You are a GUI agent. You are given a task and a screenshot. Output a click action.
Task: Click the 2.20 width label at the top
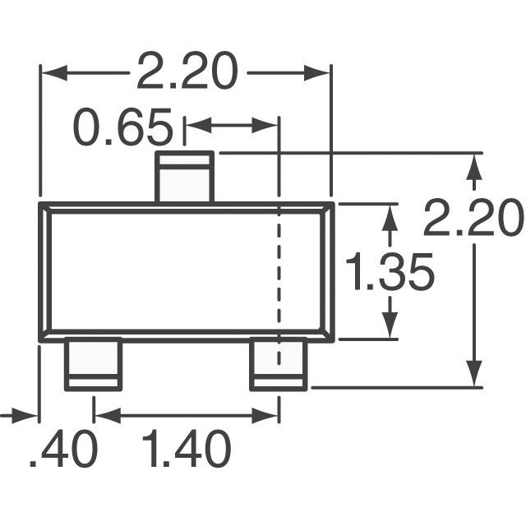pos(186,72)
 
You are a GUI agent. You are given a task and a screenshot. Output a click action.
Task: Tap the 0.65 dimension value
pos(123,128)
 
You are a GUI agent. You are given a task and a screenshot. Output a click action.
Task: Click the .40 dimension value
pos(63,450)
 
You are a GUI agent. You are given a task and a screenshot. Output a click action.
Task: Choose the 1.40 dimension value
pos(186,450)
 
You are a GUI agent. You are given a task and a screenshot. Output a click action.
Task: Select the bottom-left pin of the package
pos(93,364)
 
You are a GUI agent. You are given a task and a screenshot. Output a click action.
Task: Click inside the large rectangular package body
pos(164,271)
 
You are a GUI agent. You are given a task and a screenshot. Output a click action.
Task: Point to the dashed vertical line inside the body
pos(279,271)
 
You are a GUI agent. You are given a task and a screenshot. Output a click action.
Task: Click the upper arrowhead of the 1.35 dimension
pos(391,215)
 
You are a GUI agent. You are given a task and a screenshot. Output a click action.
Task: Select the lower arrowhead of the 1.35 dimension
pos(391,327)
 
